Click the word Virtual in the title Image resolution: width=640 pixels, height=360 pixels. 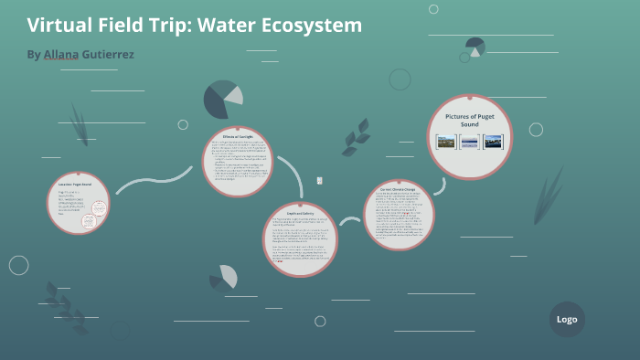coord(59,26)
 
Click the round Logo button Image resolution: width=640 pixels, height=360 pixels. coord(567,319)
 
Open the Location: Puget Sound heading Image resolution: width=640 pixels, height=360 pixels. coord(74,185)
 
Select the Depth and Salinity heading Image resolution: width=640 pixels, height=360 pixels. coord(301,213)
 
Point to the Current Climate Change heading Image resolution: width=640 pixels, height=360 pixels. coord(398,191)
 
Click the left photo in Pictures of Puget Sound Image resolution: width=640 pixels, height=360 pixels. coord(446,142)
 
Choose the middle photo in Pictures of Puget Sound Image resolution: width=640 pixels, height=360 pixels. coord(470,142)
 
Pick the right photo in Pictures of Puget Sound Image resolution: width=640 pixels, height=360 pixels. coord(493,142)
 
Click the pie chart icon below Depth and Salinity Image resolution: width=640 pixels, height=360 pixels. coord(225,277)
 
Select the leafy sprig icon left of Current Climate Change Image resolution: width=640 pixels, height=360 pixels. coord(355,143)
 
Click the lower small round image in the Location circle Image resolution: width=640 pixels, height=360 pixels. coord(91,221)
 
